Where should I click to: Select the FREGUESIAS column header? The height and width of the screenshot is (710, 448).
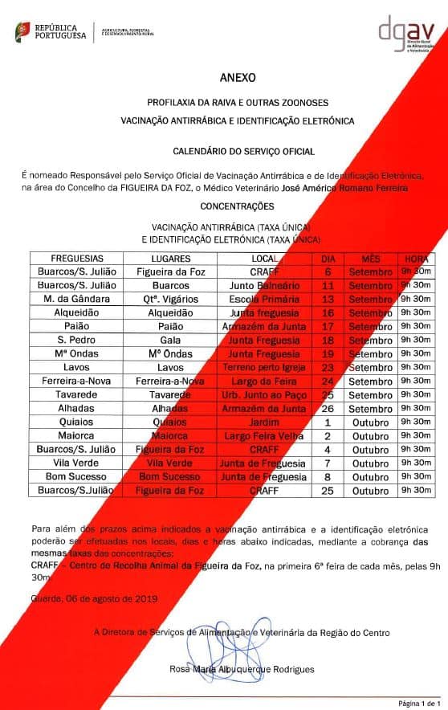77,259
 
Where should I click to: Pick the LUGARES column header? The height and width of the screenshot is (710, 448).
170,259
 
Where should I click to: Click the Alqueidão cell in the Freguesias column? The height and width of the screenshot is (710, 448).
77,312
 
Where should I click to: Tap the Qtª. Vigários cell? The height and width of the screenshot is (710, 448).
170,299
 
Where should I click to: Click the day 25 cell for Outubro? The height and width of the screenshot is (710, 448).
328,490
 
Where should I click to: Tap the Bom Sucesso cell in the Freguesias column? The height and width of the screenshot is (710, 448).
77,476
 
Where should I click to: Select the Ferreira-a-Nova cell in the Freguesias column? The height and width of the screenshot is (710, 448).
77,381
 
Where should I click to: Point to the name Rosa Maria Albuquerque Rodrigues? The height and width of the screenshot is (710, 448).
242,669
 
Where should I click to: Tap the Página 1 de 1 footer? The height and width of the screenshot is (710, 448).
420,701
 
